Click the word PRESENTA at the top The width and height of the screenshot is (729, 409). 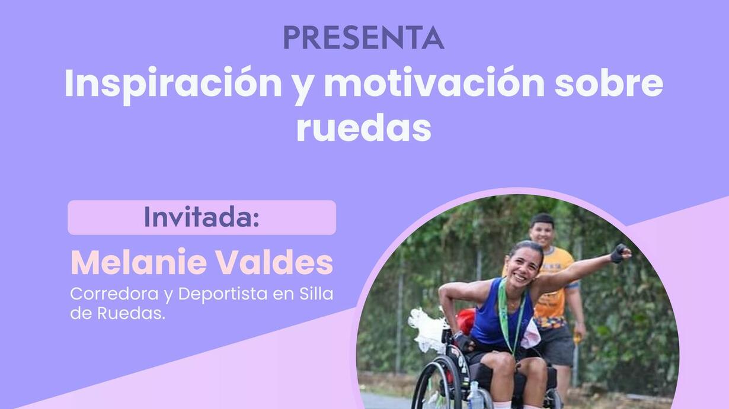(364, 37)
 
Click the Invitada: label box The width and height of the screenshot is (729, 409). (202, 217)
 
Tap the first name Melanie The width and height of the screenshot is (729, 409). (139, 262)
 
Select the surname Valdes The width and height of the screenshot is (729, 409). (275, 262)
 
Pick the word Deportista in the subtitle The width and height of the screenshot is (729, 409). (223, 295)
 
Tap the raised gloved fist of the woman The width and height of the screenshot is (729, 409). (620, 253)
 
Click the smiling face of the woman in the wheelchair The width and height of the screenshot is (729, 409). (522, 267)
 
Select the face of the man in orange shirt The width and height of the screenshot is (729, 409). (542, 233)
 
